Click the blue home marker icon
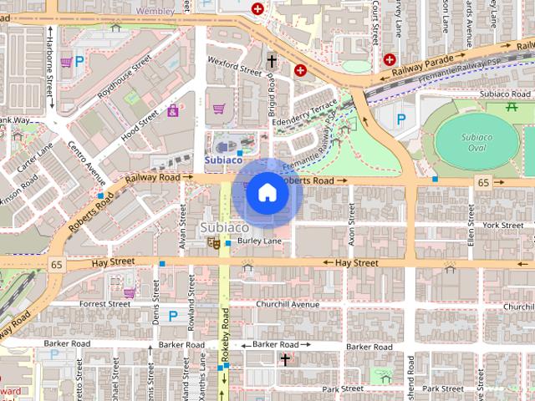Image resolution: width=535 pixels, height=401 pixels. coord(267,193)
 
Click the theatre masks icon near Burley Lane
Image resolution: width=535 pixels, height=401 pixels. coord(214,243)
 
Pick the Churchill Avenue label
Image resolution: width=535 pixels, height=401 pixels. coord(288,304)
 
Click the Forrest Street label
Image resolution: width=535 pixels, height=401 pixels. coord(105,304)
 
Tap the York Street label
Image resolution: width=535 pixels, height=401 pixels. coord(502,225)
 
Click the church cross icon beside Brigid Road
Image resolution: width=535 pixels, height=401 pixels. coord(272,61)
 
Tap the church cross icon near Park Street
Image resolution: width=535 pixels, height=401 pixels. coord(285,359)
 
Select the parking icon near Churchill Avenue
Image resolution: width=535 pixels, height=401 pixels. coord(173,316)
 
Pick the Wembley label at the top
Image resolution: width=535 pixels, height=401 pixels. coord(156,12)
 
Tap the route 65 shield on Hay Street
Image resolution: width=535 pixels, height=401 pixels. coord(55,264)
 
